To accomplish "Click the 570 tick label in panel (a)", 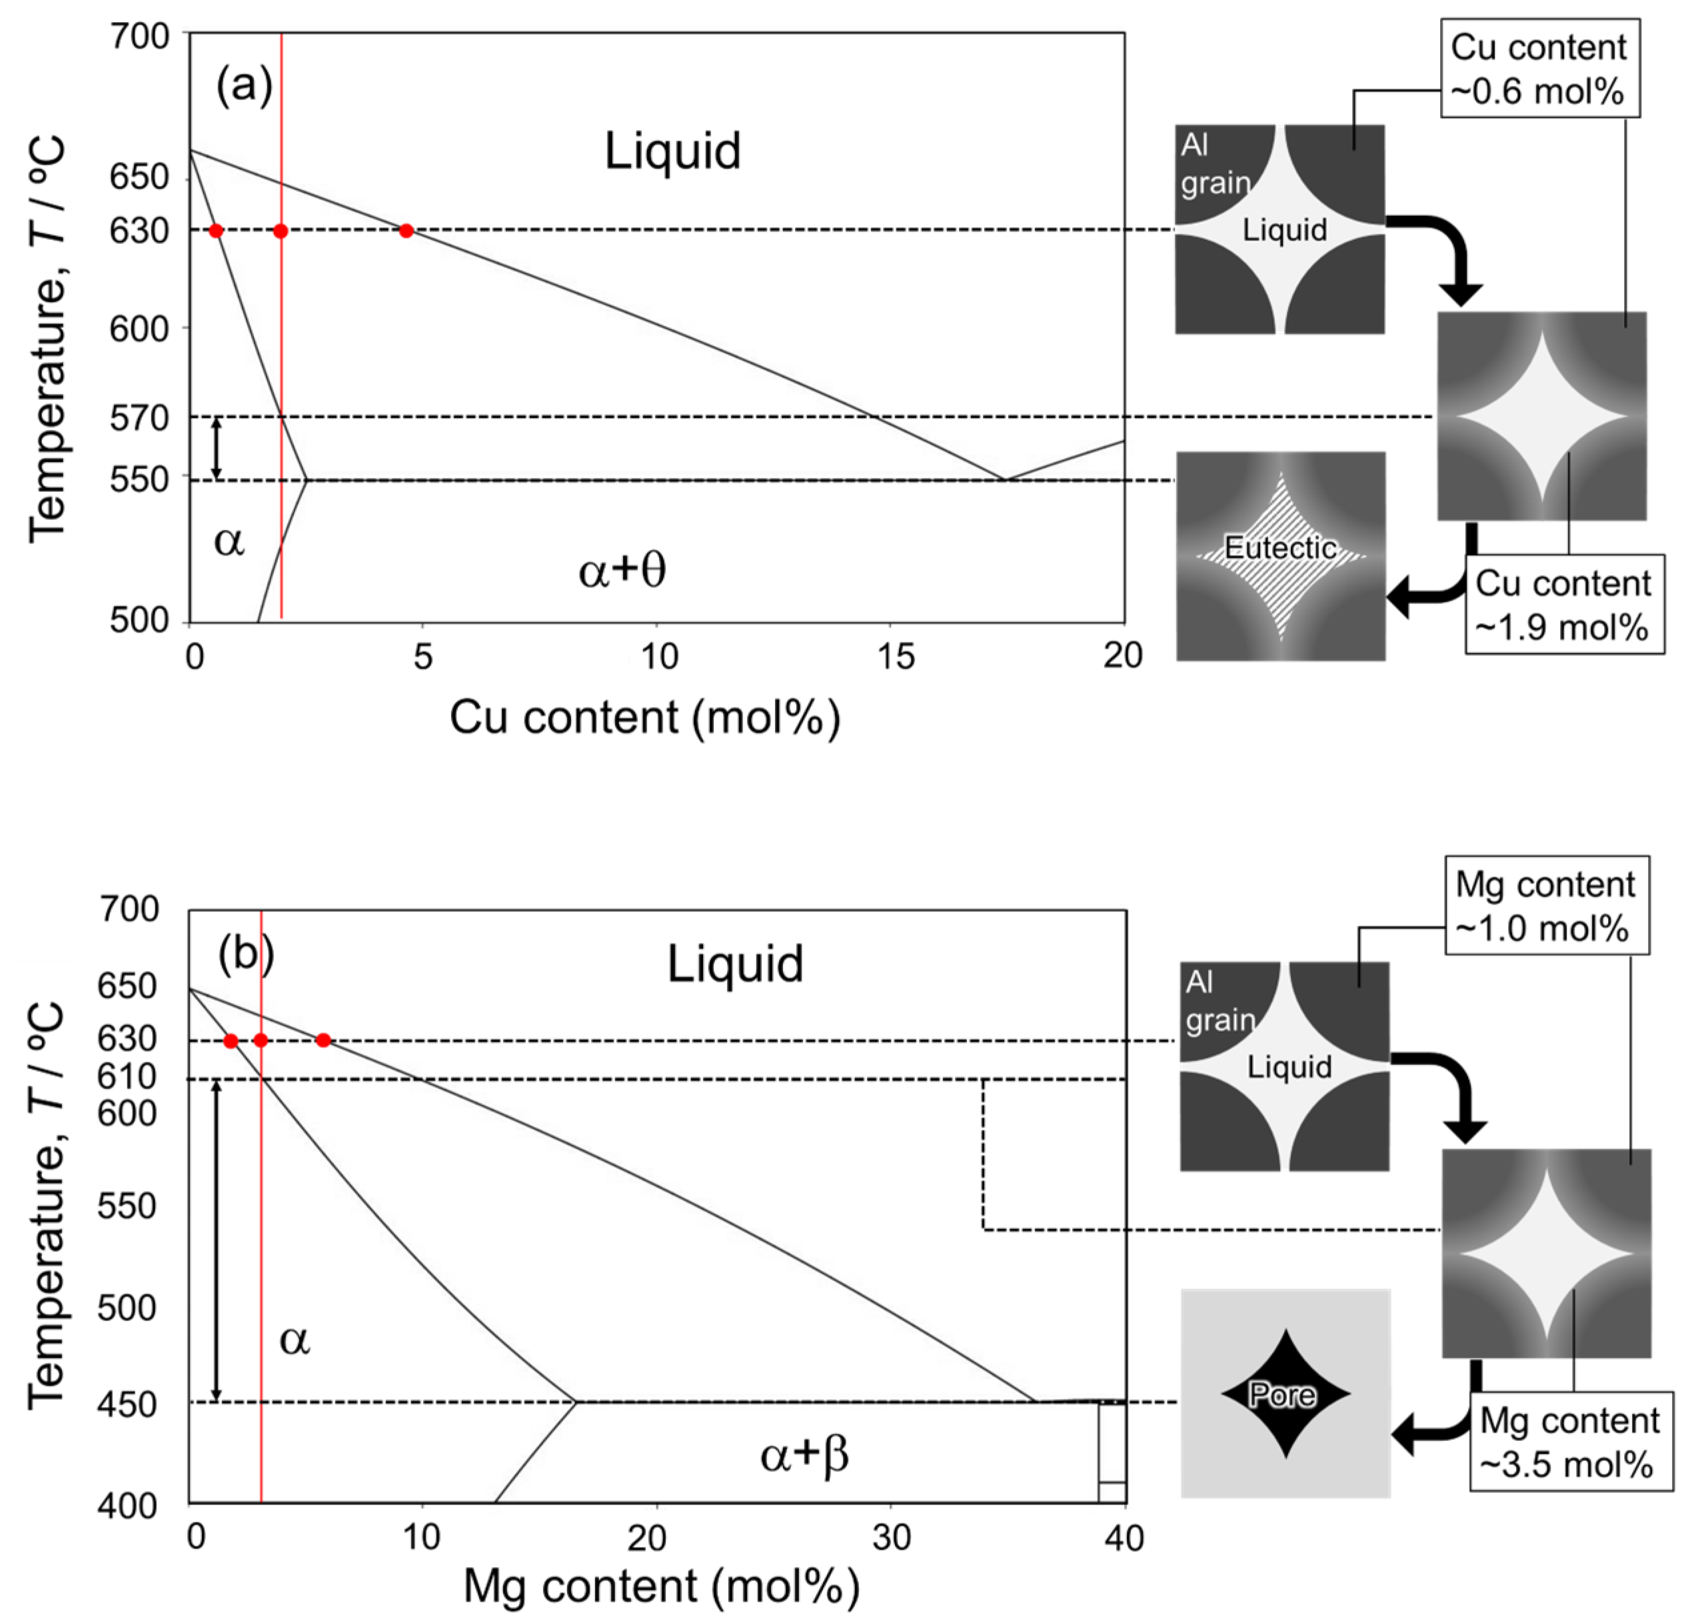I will [139, 419].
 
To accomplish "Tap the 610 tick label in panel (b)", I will [127, 1076].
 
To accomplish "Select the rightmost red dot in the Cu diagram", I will [407, 230].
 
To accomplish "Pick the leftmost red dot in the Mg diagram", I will [231, 1040].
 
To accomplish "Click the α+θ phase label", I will [622, 571].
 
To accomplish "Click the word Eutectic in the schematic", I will [1280, 547].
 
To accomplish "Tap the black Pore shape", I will [1285, 1394].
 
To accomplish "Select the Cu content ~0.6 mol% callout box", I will [1539, 69].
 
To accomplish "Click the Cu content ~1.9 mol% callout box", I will [1563, 605].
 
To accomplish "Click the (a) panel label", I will [244, 86].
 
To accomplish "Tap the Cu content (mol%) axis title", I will [644, 717].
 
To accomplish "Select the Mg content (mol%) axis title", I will [662, 1586].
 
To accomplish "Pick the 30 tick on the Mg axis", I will [891, 1537].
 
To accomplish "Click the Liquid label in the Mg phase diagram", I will [736, 964].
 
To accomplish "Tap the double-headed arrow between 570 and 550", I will [217, 448].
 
